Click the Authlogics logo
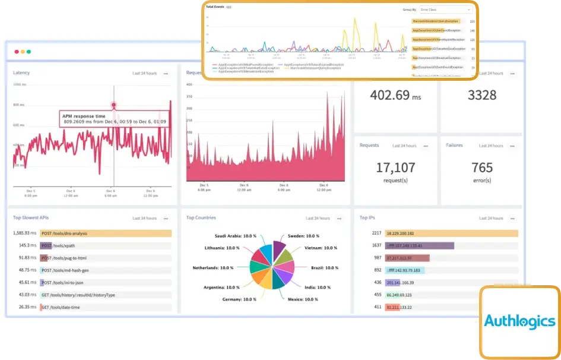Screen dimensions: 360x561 [519, 321]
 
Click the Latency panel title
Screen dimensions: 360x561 [21, 73]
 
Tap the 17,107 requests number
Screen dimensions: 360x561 [395, 168]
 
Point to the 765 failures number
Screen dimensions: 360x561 [481, 168]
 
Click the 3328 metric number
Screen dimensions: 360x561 [481, 95]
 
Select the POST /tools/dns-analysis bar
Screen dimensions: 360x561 [106, 233]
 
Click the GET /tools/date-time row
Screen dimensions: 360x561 [106, 308]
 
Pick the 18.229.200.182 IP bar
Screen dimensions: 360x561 [451, 233]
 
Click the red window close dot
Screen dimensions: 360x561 [17, 52]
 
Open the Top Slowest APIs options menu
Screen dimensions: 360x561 [166, 219]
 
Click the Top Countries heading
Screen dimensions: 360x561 [201, 218]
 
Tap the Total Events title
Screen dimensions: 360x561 [215, 7]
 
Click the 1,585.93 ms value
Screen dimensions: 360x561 [26, 233]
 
